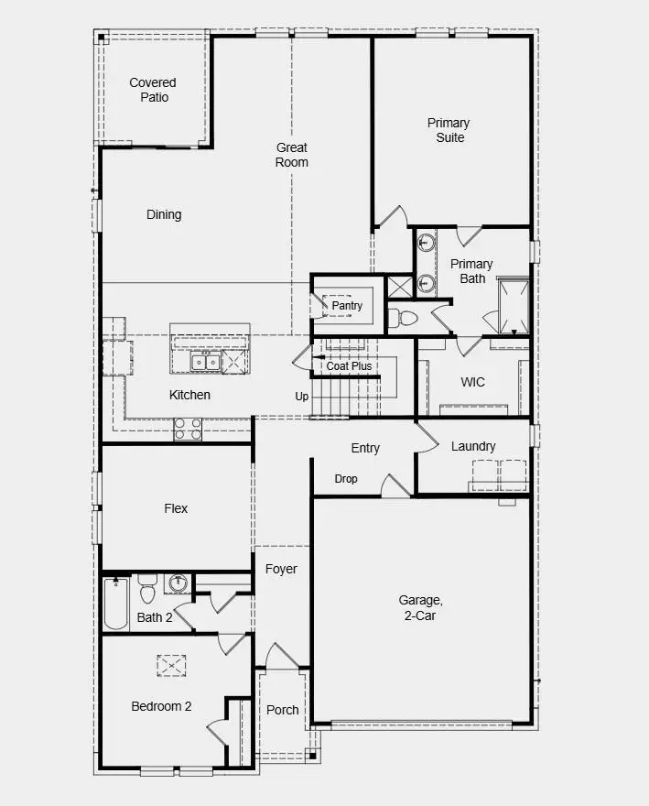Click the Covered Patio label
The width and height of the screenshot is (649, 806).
[153, 90]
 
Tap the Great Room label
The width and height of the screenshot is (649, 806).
[292, 155]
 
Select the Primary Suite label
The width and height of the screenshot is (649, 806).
[449, 130]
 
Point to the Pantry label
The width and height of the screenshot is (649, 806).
[347, 306]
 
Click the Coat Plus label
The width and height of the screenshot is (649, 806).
[350, 366]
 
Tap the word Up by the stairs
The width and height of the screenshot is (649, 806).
[301, 397]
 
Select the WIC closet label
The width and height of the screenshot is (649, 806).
[472, 382]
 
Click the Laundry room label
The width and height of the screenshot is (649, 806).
[473, 446]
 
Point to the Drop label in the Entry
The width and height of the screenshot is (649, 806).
[346, 479]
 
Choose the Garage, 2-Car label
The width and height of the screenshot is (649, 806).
[420, 608]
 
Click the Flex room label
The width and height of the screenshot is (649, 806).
[176, 508]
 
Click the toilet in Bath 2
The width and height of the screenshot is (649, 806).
[147, 586]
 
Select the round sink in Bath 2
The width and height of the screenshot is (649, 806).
[178, 583]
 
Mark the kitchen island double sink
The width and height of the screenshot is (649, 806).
[205, 363]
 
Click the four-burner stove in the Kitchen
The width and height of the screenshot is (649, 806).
[188, 429]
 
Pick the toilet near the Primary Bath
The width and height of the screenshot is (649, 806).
[402, 319]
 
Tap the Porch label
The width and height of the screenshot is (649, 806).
[282, 710]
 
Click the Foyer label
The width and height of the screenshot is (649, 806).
[281, 569]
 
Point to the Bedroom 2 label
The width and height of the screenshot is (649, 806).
[161, 706]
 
